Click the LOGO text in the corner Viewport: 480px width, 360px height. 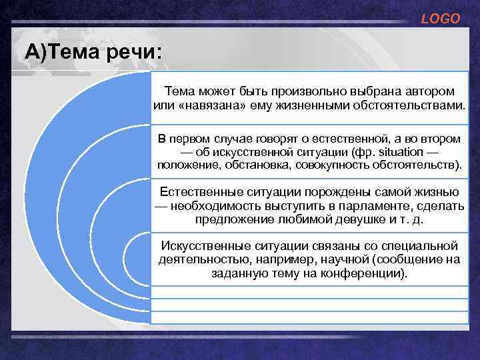pyautogui.click(x=441, y=19)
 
